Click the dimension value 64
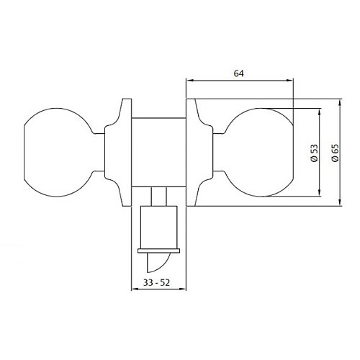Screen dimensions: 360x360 click(239, 73)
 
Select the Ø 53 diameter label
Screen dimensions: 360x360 click(315, 153)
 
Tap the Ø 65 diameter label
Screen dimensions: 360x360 click(335, 153)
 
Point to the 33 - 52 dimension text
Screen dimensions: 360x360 click(156, 283)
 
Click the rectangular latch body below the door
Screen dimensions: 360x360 click(159, 228)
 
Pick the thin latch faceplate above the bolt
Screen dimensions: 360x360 click(158, 251)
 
